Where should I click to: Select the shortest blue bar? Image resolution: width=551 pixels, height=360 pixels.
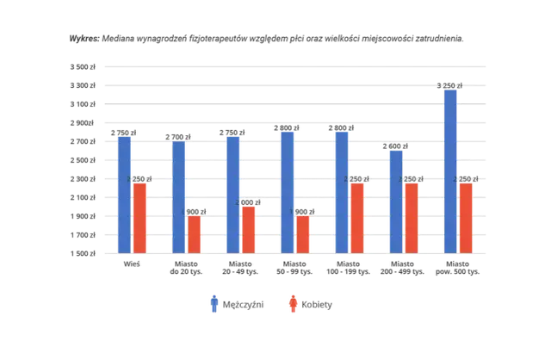[x=395, y=202]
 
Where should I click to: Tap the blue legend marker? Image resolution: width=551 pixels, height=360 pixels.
[x=214, y=304]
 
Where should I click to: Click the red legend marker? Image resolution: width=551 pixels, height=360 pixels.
[x=293, y=304]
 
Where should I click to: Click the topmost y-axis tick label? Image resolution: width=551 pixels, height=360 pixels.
[x=84, y=65]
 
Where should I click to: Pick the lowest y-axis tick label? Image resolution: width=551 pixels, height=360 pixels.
[x=84, y=253]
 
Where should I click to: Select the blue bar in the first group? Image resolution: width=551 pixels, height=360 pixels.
[x=125, y=194]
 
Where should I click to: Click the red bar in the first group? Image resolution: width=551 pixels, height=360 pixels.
[x=140, y=217]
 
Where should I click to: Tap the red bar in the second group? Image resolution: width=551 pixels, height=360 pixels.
[x=195, y=233]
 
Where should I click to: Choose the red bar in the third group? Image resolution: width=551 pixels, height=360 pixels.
[x=249, y=229]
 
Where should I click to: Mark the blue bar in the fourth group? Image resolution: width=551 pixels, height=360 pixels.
[x=287, y=191]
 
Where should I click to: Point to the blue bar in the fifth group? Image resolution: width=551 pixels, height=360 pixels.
[x=341, y=191]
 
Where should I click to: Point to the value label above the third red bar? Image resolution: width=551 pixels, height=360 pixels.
[x=251, y=202]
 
